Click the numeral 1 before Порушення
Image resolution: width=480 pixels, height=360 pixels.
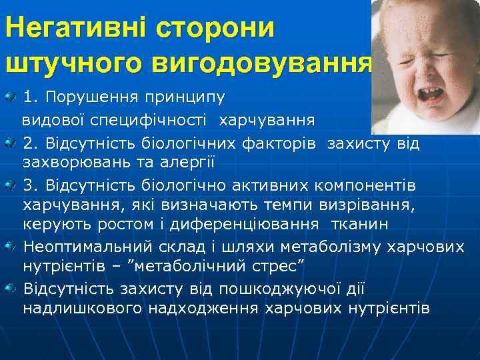click(28, 98)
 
